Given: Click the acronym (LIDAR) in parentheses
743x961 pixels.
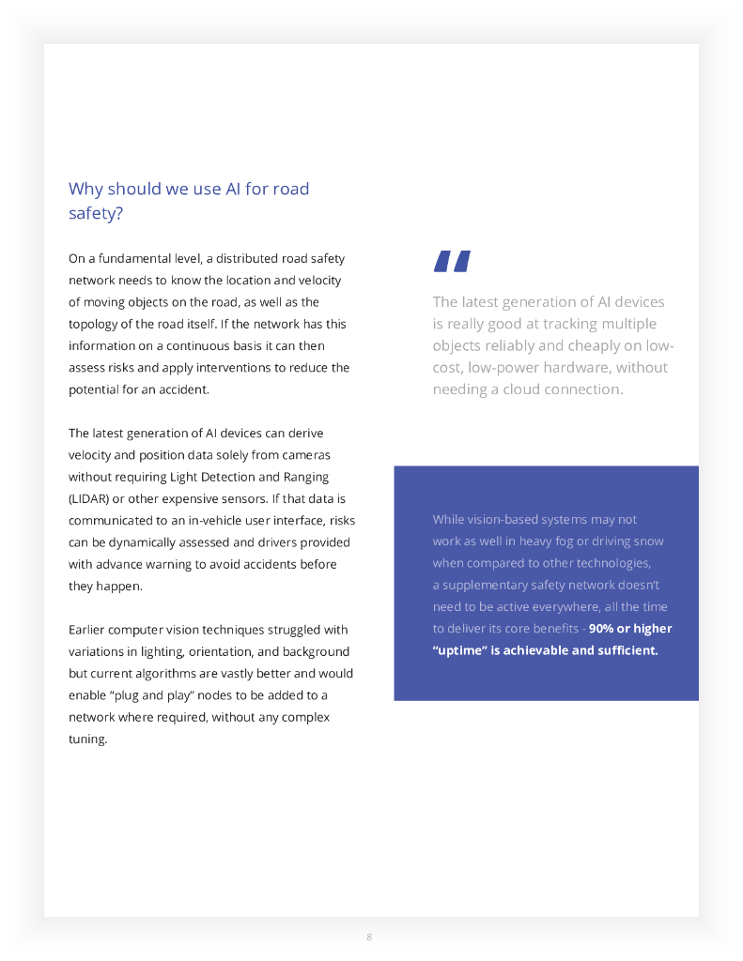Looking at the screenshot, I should [91, 498].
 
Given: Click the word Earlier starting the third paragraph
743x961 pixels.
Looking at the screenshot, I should [89, 630].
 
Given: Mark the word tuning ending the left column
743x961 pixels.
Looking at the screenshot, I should [88, 739].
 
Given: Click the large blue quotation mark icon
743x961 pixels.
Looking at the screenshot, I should [452, 262].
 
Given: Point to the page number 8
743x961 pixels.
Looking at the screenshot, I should [369, 938].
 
